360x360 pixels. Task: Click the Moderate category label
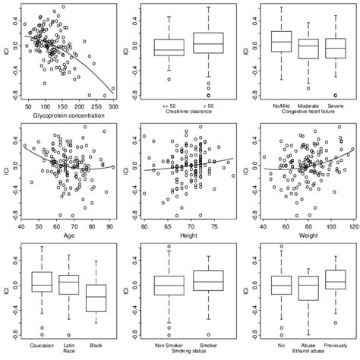[307, 104]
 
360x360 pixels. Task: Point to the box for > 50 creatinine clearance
[208, 42]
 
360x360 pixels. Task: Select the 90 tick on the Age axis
[108, 226]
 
